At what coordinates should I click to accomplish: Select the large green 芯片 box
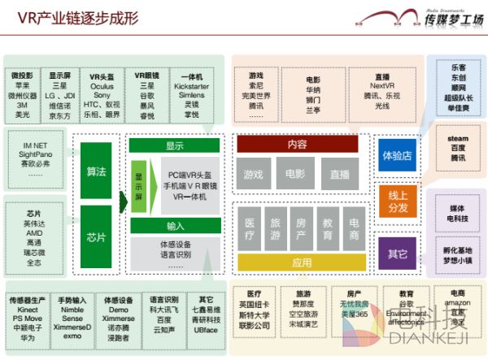[96, 237]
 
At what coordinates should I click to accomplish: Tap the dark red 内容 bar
[297, 145]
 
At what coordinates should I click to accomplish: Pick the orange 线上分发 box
[397, 201]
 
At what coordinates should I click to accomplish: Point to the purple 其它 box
[397, 254]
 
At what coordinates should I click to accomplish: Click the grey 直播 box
[339, 174]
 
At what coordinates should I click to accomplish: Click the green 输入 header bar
[174, 225]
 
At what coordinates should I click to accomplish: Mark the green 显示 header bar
[174, 146]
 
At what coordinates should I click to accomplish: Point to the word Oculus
[102, 85]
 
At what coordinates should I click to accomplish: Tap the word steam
[458, 139]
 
